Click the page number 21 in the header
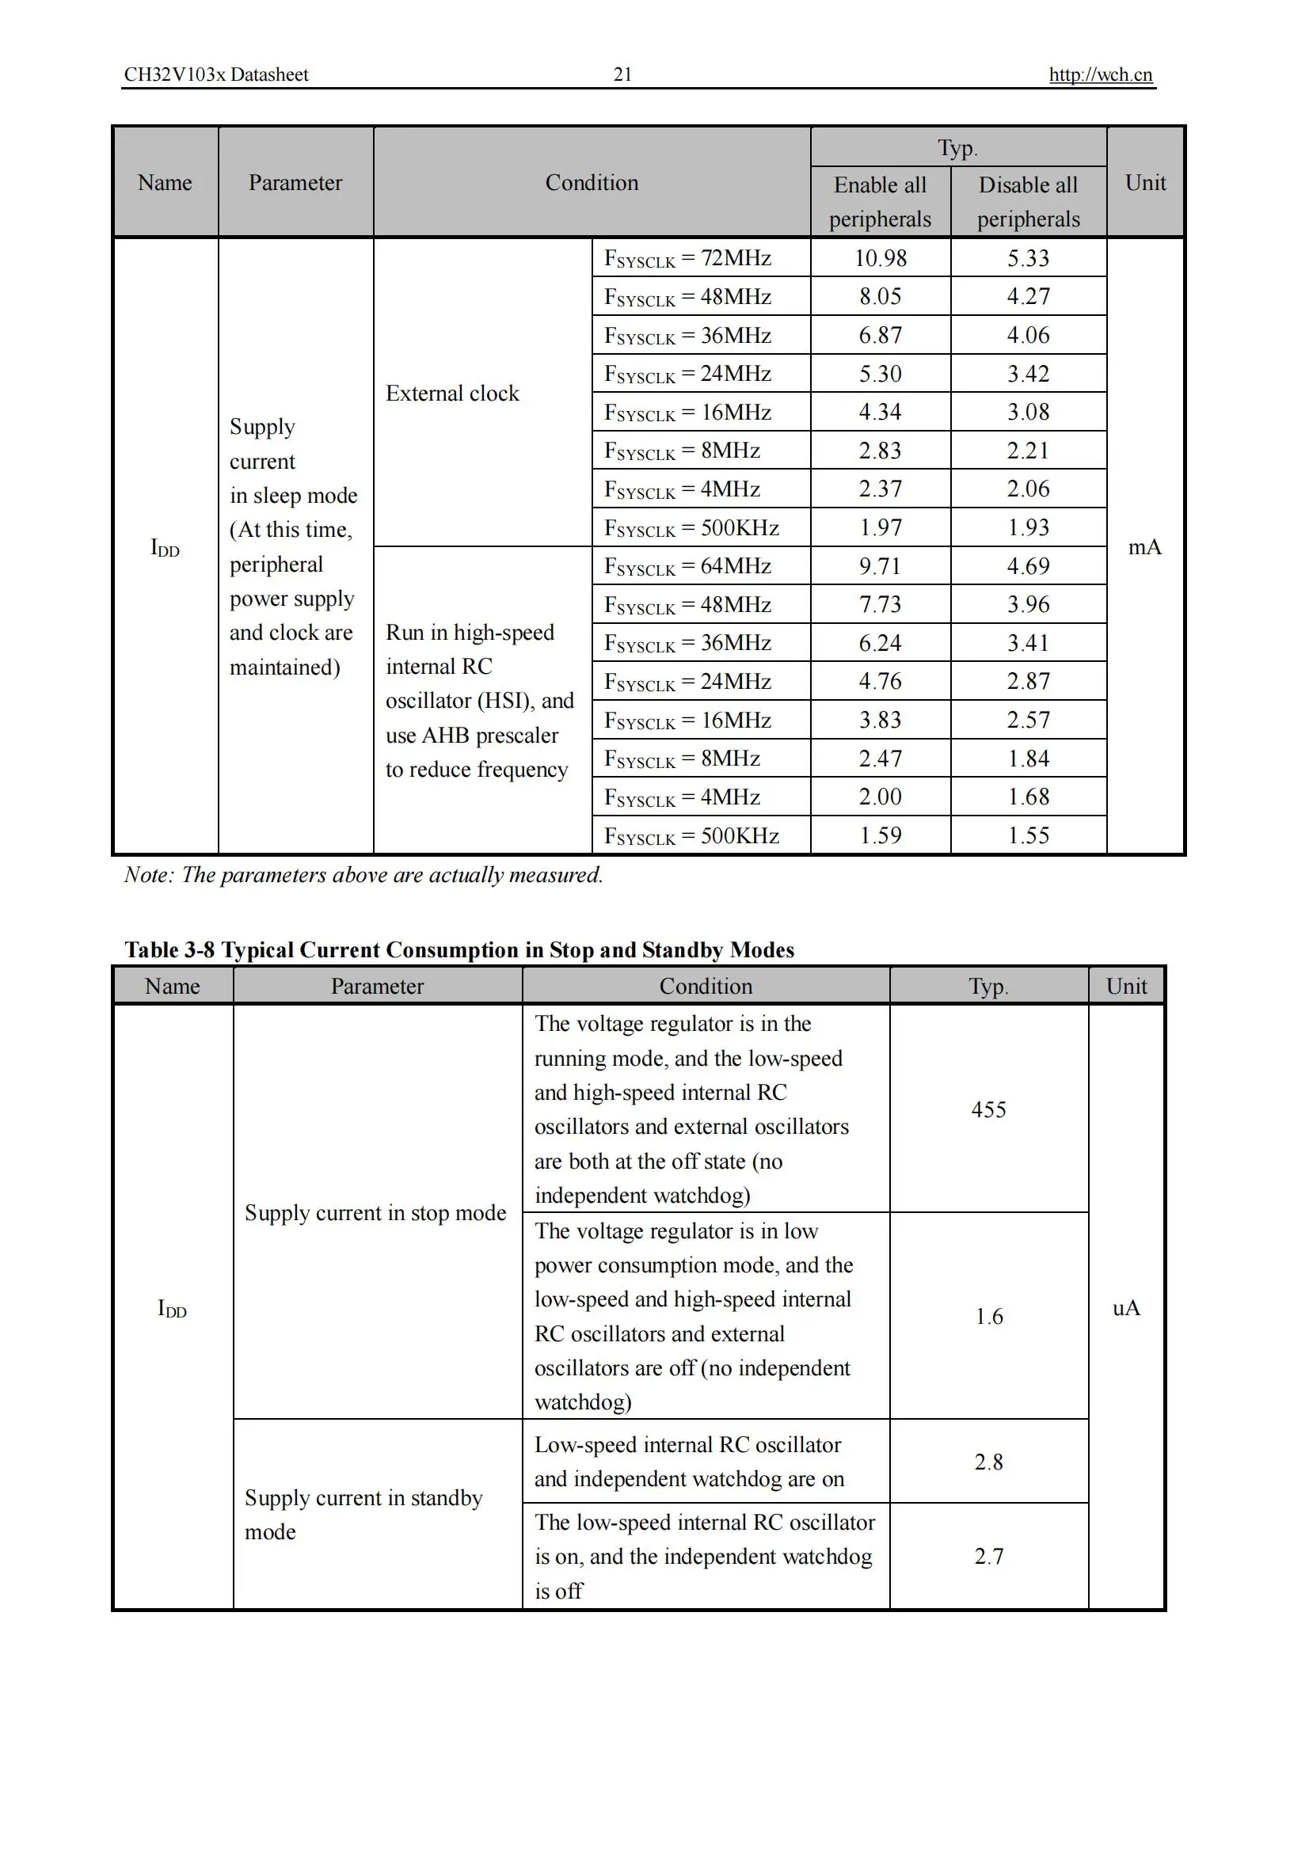click(622, 74)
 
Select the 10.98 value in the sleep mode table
click(880, 258)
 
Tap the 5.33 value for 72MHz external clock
click(1028, 258)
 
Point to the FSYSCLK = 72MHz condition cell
click(687, 258)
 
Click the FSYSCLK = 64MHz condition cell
click(687, 566)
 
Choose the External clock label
click(452, 393)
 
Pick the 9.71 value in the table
click(880, 566)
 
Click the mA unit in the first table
click(1144, 547)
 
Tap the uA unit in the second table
click(1126, 1307)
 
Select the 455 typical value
click(988, 1109)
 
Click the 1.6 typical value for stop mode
click(989, 1317)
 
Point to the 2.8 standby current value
click(989, 1462)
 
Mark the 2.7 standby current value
click(989, 1556)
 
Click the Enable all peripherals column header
click(880, 202)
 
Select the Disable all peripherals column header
click(1028, 202)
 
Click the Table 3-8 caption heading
click(459, 949)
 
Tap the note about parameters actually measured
click(363, 874)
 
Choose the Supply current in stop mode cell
click(375, 1212)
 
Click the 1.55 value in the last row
click(1028, 835)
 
